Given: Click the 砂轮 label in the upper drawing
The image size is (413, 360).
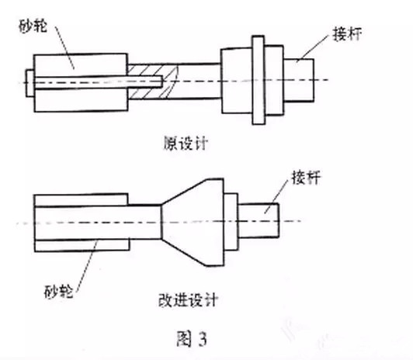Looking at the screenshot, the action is click(x=33, y=26).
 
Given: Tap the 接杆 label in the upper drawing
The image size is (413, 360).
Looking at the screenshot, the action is click(x=347, y=34).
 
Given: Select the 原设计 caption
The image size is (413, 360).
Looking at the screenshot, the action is click(x=186, y=144).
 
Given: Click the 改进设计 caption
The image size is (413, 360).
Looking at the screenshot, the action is click(x=188, y=300).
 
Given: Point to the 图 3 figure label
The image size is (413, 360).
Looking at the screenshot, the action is click(x=192, y=339).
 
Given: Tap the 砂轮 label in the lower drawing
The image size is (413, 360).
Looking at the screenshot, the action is click(x=58, y=292).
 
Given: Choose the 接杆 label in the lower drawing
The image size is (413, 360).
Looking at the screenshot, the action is click(x=306, y=178).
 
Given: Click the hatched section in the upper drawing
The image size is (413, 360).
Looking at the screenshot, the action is click(x=151, y=82).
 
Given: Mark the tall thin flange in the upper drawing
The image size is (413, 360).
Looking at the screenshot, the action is click(x=258, y=80).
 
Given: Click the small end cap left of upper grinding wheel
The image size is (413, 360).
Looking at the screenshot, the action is click(x=29, y=83).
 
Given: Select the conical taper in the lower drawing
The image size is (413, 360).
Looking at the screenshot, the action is click(x=193, y=223).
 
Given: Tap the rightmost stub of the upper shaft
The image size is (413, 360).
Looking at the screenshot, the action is click(x=299, y=80).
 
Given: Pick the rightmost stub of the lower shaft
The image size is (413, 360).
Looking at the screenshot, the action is click(x=259, y=220).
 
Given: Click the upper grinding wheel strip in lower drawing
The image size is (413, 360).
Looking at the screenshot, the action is click(x=81, y=200).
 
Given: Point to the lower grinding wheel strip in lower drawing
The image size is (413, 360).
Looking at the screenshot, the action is click(x=82, y=245).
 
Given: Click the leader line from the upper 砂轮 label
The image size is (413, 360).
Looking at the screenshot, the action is click(x=64, y=47).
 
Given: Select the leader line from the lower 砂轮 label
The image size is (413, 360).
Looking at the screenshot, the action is click(x=87, y=266).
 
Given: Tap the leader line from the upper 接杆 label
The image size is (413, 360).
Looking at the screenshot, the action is click(x=314, y=47).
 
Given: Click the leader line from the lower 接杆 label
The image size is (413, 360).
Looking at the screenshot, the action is click(x=276, y=197).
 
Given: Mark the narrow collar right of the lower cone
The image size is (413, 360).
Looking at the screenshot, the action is click(x=231, y=222).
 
